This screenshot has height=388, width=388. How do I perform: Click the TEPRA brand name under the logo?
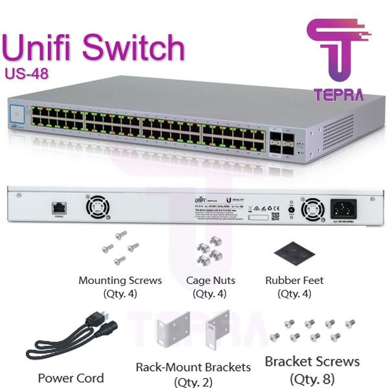[x=338, y=94]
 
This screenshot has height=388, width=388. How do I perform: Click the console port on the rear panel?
[x=59, y=208]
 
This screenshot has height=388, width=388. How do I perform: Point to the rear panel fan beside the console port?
[x=98, y=208]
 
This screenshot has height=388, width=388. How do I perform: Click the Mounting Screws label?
[x=120, y=281]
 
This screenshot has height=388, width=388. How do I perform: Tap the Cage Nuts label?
[x=210, y=281]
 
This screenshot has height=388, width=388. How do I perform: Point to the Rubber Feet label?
[x=294, y=281]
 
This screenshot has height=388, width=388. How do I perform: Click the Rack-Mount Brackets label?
[x=193, y=367]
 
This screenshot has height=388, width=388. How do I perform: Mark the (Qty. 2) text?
[x=193, y=380]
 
